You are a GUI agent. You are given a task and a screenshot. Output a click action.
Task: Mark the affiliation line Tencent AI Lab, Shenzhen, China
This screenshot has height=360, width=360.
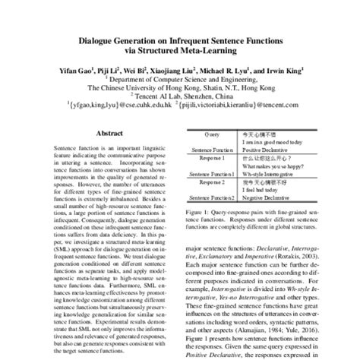[180, 99]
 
